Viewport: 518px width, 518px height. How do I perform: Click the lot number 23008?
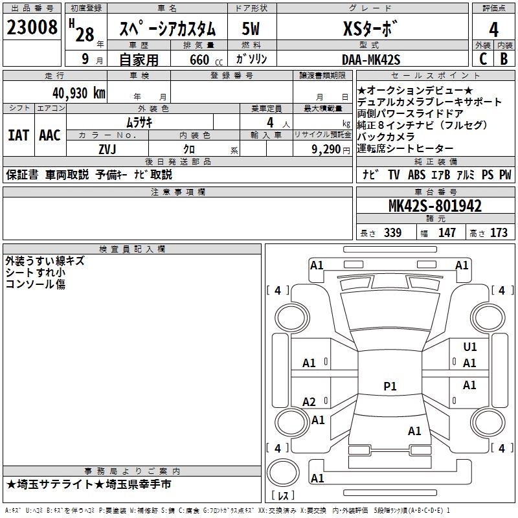tap(32, 29)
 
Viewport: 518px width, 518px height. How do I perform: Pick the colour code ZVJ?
tap(107, 148)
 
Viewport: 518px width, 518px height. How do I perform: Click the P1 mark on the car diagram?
tap(390, 387)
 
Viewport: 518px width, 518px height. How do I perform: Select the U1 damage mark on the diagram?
tap(470, 347)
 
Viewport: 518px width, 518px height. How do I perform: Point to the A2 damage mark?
tap(310, 402)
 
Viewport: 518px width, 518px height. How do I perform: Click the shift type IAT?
tap(18, 135)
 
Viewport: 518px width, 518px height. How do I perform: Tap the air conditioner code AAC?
tap(49, 135)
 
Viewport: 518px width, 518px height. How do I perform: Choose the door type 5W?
tap(251, 30)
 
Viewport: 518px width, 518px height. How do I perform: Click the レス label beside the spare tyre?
tap(283, 496)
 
